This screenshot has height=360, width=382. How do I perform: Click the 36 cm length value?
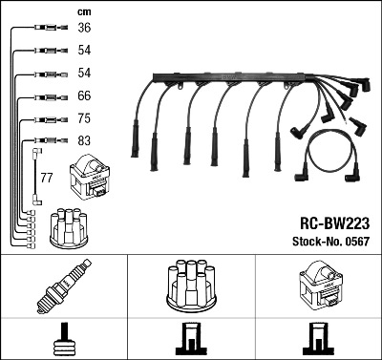point(84,28)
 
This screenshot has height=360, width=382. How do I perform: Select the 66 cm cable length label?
point(84,95)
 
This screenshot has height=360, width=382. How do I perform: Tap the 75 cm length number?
point(84,118)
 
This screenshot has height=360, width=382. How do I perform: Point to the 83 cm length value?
point(84,140)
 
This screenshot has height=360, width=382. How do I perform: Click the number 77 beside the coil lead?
point(47,178)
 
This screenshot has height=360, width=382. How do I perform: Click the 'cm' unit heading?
point(84,12)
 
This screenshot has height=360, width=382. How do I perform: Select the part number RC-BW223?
point(334,223)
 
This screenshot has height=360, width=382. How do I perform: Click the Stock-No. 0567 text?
point(331,242)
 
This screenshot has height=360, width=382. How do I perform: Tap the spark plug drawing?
point(64,286)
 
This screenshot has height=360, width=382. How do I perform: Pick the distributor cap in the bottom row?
point(191,286)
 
